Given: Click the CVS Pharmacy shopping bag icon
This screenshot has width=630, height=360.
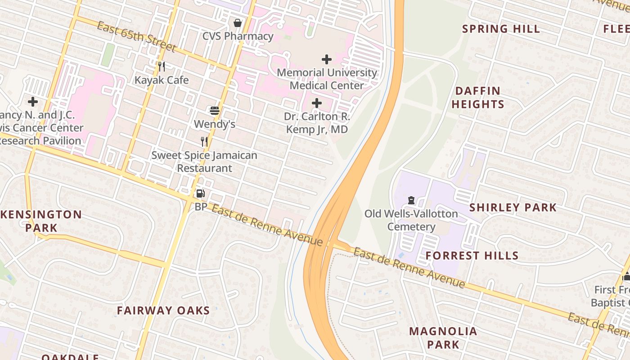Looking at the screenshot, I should coord(238,22).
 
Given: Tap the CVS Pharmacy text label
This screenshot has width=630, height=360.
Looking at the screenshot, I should coord(238,36).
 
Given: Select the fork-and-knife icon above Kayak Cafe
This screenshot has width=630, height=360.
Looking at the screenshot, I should coord(162,67).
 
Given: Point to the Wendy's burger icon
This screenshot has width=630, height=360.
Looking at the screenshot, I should coord(215,110).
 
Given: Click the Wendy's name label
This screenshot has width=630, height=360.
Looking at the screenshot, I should coord(215,124).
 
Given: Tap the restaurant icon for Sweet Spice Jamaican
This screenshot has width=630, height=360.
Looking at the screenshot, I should coord(204,142).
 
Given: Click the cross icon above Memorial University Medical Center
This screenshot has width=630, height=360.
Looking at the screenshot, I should coord(327,59).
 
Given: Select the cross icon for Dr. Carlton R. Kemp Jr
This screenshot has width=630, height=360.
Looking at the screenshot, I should coord(317,103).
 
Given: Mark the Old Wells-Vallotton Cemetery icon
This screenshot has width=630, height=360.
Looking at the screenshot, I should coord(411,200).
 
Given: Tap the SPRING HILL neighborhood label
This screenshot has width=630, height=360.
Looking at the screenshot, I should coord(501,29).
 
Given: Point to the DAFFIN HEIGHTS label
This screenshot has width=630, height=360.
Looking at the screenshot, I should coord(477,97).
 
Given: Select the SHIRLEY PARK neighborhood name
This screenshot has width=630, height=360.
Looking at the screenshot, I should coord(513,207).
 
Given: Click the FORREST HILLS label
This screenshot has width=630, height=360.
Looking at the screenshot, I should coord(472,256).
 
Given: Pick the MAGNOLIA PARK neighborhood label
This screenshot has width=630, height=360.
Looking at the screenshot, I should coord(443,338).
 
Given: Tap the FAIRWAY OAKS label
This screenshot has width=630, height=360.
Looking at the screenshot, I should coord(163,310).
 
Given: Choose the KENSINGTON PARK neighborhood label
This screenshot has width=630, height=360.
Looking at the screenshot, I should coord(41,221).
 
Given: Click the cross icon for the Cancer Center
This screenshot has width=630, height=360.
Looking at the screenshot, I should coord(33,102).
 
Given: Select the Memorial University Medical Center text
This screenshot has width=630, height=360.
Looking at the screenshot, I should coord(327,79).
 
